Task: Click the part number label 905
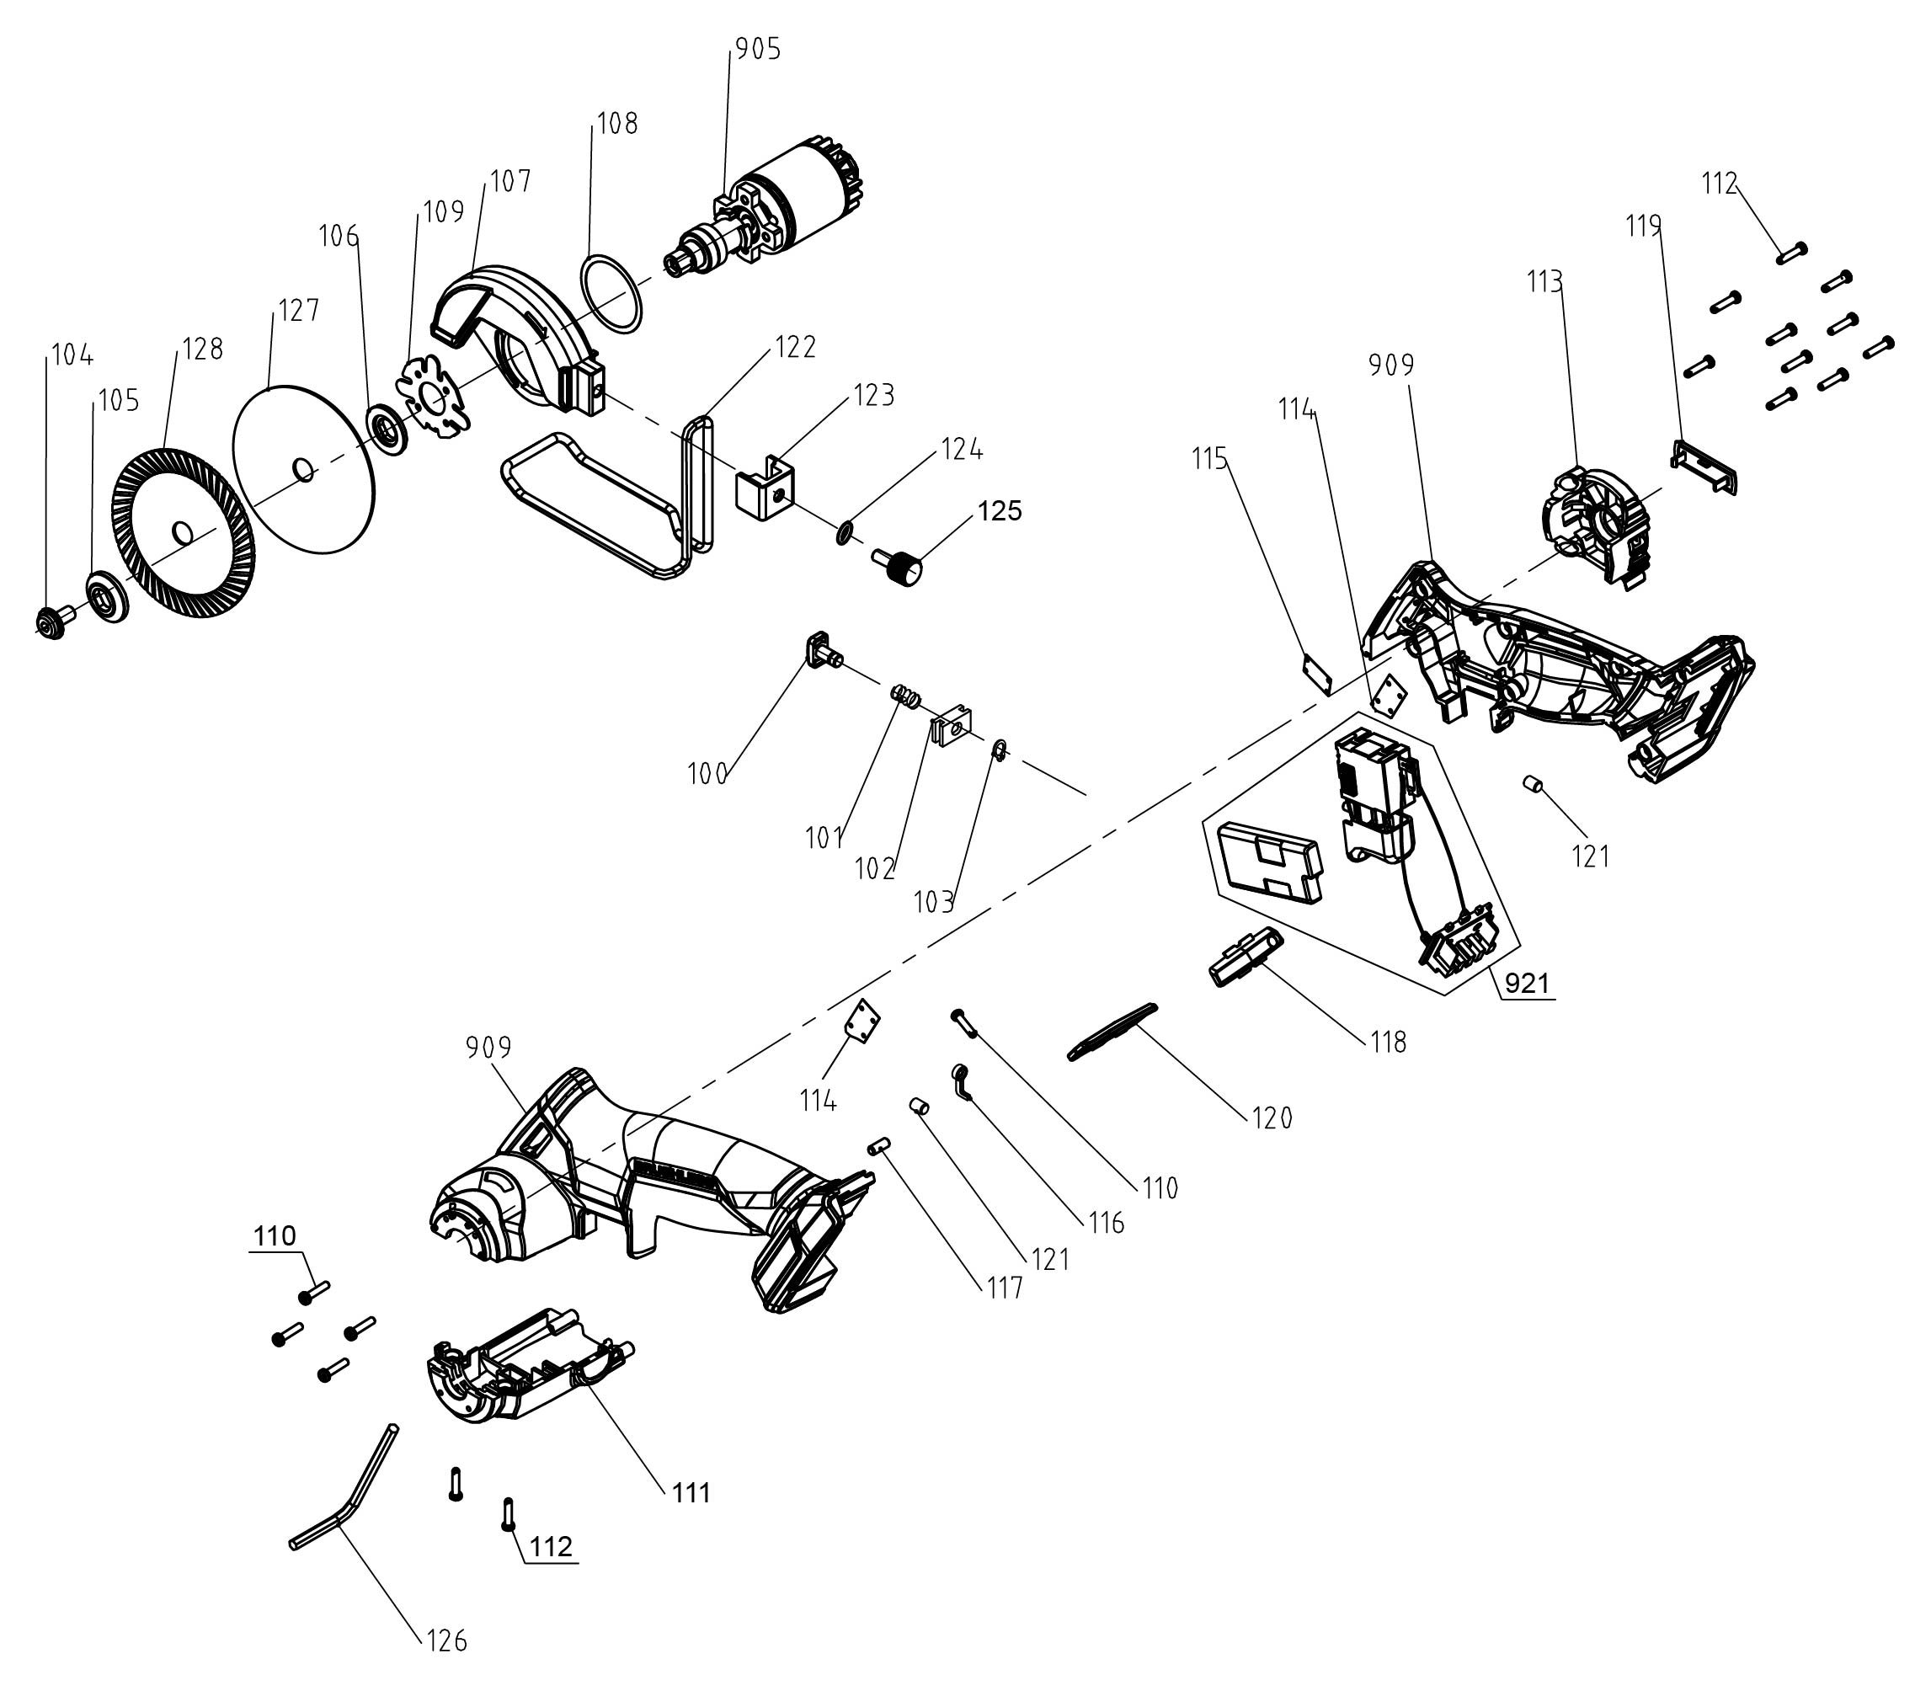point(758,50)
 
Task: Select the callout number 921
point(1526,984)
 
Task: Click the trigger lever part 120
point(1112,1031)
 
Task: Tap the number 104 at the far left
point(72,355)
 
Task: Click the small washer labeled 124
point(844,533)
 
